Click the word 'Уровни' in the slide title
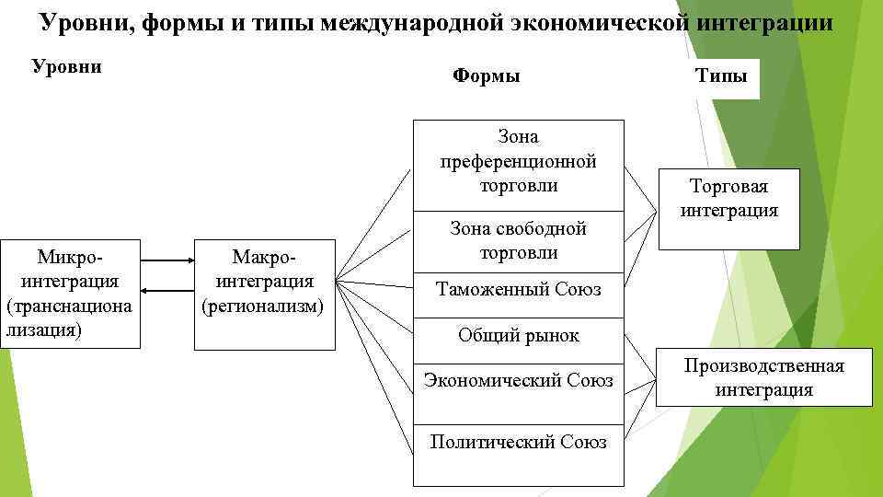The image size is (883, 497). click(x=87, y=22)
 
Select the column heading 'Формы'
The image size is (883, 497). click(x=487, y=75)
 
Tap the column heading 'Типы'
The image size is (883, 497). click(x=721, y=75)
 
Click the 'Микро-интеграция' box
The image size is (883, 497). click(x=71, y=294)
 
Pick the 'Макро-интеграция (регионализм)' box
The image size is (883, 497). click(x=264, y=295)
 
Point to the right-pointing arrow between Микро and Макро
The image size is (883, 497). click(x=166, y=262)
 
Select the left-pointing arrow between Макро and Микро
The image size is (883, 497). click(x=166, y=291)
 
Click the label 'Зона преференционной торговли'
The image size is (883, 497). click(x=518, y=161)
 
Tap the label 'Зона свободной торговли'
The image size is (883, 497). click(x=518, y=240)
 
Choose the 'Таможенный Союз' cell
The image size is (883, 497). click(x=518, y=290)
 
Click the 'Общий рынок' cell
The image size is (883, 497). click(x=518, y=335)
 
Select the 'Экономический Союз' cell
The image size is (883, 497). click(x=518, y=380)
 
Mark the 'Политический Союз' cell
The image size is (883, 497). click(x=518, y=442)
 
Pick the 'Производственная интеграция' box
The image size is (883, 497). click(x=763, y=377)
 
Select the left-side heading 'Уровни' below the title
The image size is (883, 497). click(x=66, y=67)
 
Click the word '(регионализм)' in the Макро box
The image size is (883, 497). click(x=263, y=305)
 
